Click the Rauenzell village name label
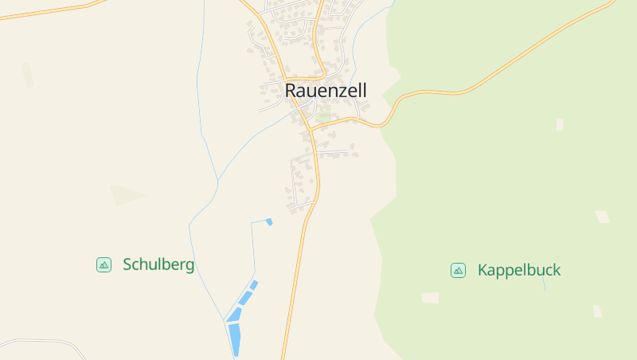[326, 91]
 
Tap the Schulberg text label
[158, 264]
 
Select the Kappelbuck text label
[518, 270]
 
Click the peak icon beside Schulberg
[104, 264]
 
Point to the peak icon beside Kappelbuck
[458, 270]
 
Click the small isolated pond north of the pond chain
[269, 221]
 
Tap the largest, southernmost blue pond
[235, 338]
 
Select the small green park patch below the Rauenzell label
[322, 117]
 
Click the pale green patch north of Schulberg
[126, 194]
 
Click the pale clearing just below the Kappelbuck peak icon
[430, 297]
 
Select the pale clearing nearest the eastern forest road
[559, 124]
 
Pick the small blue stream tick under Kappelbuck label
[545, 284]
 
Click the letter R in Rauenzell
[291, 91]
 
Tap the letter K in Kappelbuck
[483, 270]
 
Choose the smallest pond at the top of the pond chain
[254, 284]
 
